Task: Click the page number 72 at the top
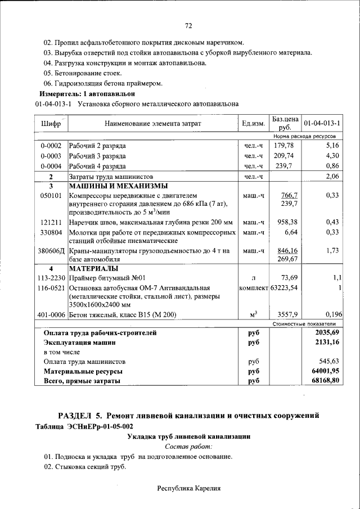[x=188, y=26]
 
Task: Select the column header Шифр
[x=51, y=123]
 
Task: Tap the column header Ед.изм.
[x=253, y=123]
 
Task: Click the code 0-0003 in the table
[x=51, y=156]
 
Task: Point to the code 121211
[x=51, y=222]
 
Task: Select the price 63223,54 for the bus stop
[x=284, y=288]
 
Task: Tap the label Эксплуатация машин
[x=80, y=342]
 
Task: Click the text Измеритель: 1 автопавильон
[x=87, y=93]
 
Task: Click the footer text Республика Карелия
[x=188, y=488]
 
